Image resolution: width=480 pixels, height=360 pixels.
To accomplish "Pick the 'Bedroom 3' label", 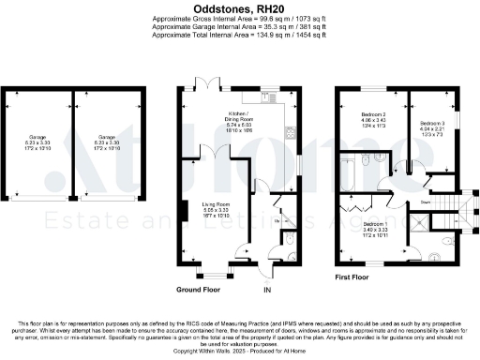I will [x=431, y=124].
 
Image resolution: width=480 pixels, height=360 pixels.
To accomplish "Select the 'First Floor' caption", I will [x=352, y=278].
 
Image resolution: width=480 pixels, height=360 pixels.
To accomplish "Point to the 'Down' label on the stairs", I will [x=426, y=200].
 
